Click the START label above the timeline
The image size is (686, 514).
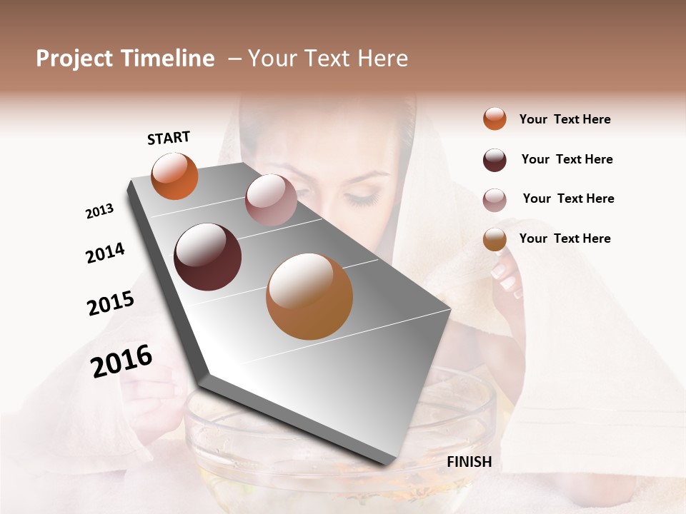(169, 138)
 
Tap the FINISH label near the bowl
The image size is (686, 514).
(469, 462)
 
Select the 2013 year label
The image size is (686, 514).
(99, 211)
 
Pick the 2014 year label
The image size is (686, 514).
(105, 253)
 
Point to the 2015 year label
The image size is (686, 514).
(111, 303)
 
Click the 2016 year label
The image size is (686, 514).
(121, 361)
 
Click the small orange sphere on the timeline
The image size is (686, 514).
(175, 176)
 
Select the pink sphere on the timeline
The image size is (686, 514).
(271, 200)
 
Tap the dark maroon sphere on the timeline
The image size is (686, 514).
(208, 257)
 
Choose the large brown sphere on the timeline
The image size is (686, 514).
(309, 296)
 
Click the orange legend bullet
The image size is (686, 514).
(494, 119)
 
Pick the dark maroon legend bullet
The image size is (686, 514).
(494, 160)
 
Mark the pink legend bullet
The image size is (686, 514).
(494, 200)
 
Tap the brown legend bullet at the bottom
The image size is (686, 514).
(494, 240)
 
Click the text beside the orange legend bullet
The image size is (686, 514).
(565, 119)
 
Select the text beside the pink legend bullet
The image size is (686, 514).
(568, 198)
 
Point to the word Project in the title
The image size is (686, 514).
(74, 59)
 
